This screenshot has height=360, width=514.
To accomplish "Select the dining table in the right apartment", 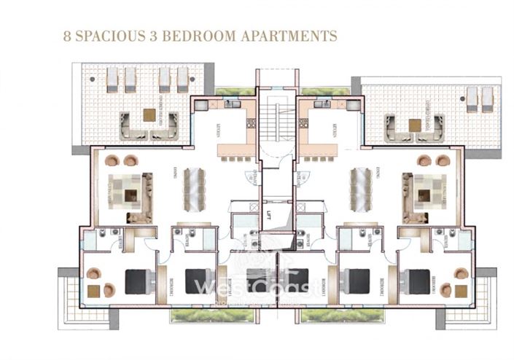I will coord(355,188).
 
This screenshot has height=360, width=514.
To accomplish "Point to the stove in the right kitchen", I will coord(322,105).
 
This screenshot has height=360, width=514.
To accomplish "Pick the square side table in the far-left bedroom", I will coord(94,291).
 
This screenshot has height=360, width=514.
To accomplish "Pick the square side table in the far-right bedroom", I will coord(461,290).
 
